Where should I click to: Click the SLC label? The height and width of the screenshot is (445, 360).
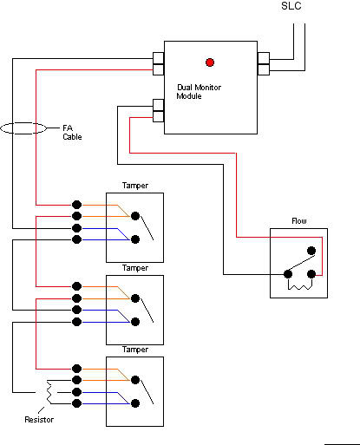pos(291,6)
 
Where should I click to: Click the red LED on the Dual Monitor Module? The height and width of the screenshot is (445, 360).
pos(210,62)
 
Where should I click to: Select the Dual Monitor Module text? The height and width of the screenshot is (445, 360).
pos(199,92)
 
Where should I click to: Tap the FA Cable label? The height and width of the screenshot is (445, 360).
pos(72,132)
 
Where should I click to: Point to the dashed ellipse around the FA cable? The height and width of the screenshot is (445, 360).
pos(23,122)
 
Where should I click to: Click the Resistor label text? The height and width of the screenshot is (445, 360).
pos(39,420)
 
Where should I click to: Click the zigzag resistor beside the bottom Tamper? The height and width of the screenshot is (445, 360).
pos(49,392)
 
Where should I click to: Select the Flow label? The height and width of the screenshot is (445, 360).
pos(299,221)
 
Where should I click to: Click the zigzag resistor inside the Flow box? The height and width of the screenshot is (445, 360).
pos(300,287)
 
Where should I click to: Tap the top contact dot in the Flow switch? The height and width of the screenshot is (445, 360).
pos(311,251)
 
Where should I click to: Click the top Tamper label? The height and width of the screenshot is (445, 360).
pos(135,186)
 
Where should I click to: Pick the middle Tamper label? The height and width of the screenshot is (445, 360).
pos(135,268)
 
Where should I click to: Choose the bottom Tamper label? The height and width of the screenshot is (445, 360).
pos(135,350)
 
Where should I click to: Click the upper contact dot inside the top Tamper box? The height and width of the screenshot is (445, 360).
pos(135,216)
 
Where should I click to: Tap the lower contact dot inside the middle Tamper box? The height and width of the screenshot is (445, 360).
pos(135,322)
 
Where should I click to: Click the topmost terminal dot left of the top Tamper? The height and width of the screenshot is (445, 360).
pos(76,205)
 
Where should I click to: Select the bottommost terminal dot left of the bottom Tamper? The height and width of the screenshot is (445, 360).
pos(76,403)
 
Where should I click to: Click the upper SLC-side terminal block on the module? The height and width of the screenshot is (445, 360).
pos(264,58)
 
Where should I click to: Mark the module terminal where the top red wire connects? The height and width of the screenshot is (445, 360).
pos(158,69)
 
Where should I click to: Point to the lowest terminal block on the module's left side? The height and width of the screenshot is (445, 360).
pos(158,116)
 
